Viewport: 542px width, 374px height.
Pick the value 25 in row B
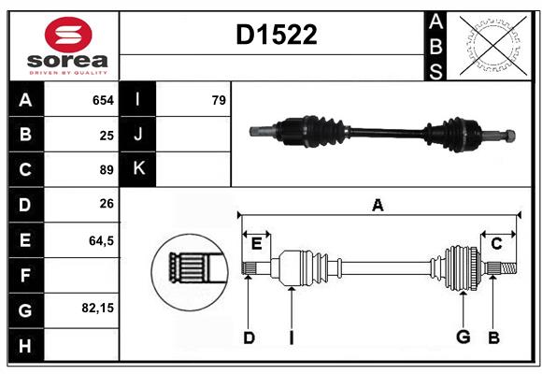pos(107,135)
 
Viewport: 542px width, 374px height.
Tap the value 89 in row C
pos(107,170)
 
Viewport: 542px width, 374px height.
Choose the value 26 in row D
pos(107,205)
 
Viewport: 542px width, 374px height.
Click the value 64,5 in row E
pos(101,240)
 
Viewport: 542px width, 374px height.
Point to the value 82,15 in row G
pos(98,307)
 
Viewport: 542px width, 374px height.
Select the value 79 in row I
pos(219,100)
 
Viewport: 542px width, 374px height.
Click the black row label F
pos(25,276)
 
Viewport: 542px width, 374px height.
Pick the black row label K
pos(138,169)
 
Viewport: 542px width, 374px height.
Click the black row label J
pos(138,135)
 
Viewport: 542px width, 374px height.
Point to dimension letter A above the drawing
pos(378,206)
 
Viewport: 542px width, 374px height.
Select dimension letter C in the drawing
pos(496,244)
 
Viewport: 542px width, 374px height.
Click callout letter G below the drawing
pos(462,338)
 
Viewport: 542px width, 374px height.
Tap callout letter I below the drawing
pos(291,338)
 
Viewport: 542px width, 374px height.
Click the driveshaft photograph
pos(382,132)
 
